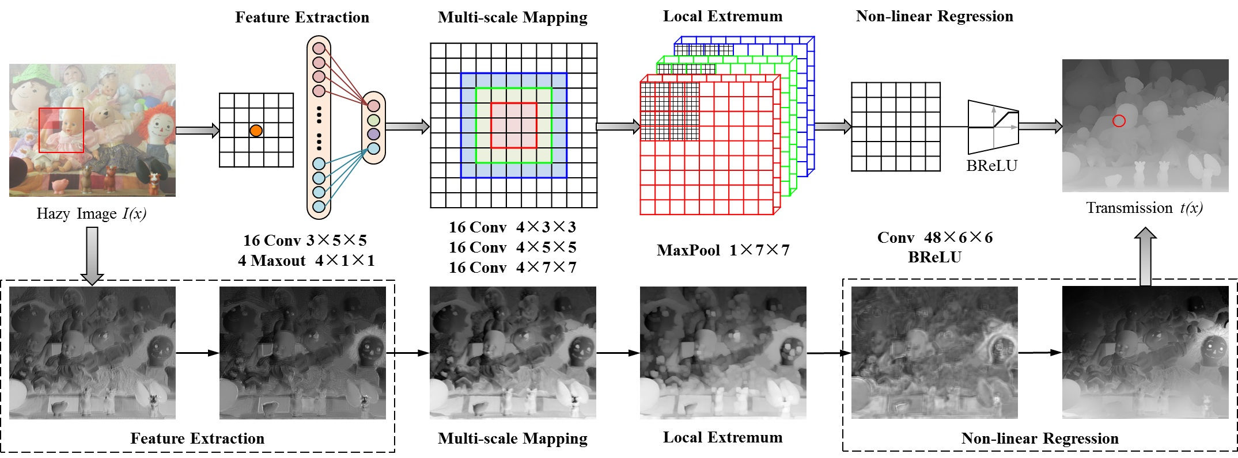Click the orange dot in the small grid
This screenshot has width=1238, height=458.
[x=256, y=131]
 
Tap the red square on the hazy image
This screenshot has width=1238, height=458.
[x=61, y=130]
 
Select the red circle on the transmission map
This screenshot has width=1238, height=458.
[x=1118, y=121]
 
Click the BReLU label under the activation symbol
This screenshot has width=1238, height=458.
[x=991, y=166]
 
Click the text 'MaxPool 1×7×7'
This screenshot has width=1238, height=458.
[x=723, y=250]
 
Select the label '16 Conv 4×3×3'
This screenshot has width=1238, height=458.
[x=512, y=227]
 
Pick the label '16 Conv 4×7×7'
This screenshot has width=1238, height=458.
[x=512, y=268]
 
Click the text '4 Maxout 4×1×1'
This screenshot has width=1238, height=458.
[x=306, y=261]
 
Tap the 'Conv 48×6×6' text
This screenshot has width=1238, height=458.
[x=934, y=238]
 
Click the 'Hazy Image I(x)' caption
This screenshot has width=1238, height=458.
[x=92, y=214]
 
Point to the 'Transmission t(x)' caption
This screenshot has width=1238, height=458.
[x=1144, y=208]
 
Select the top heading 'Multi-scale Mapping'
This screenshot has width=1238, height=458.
[x=512, y=17]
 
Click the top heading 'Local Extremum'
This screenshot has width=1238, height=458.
[x=722, y=16]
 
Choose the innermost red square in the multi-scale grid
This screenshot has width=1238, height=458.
[x=513, y=125]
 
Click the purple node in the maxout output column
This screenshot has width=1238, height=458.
[x=373, y=134]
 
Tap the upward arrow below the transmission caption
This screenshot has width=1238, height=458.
[x=1145, y=255]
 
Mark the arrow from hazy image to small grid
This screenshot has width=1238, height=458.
[x=197, y=131]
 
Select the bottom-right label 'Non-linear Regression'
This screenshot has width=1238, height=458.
[x=1039, y=438]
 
